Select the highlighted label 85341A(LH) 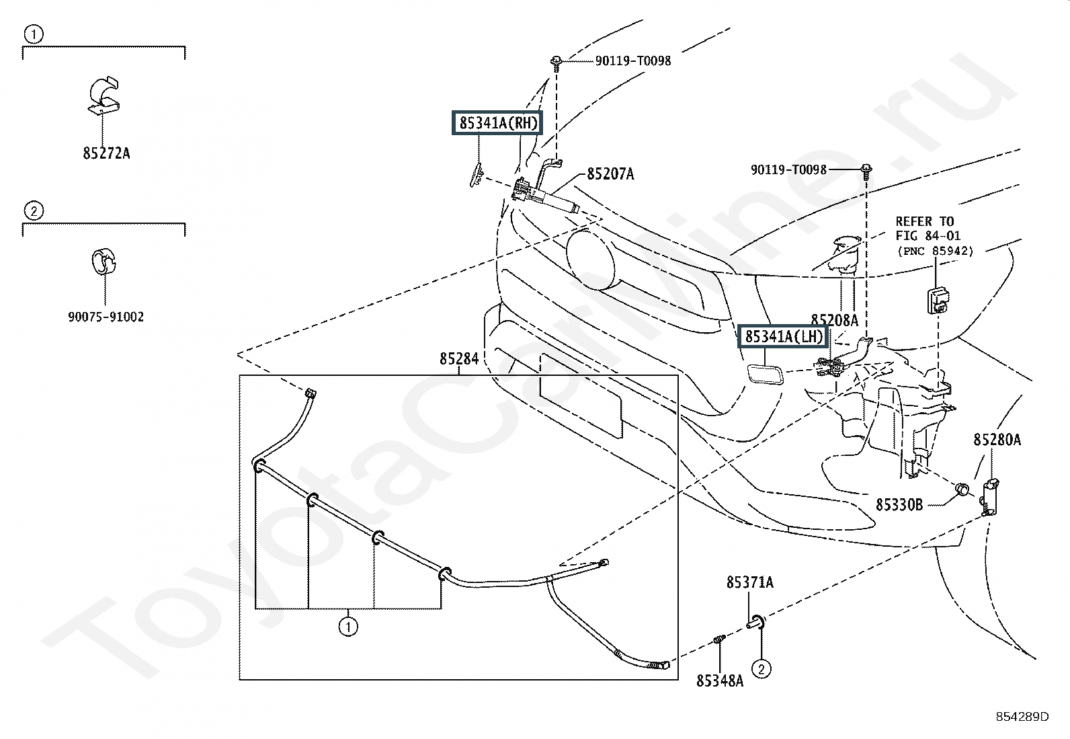(x=783, y=336)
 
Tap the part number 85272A (x=106, y=153)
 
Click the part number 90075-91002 (x=106, y=317)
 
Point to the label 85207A (x=610, y=174)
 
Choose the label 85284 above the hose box (x=459, y=358)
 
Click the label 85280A (x=997, y=440)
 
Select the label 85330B (x=899, y=505)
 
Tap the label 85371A (x=750, y=582)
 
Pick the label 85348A (x=720, y=680)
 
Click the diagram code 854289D (x=1022, y=717)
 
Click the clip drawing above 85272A (x=104, y=95)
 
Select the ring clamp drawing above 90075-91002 (x=104, y=262)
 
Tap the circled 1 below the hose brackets (x=347, y=627)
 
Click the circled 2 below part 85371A (x=762, y=669)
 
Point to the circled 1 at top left (x=34, y=34)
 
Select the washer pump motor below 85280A (x=989, y=498)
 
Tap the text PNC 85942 (x=936, y=251)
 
